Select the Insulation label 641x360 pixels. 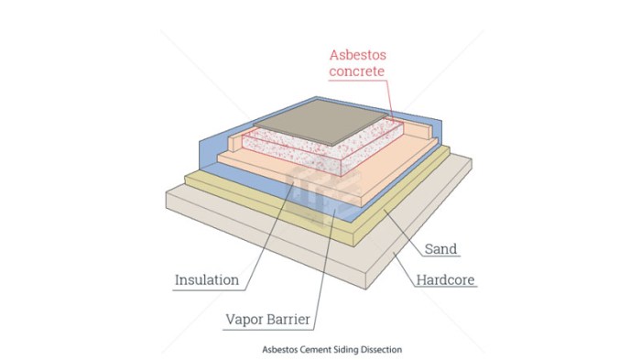(x=207, y=279)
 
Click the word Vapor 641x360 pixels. (x=247, y=320)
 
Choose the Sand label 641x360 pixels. (x=440, y=248)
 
